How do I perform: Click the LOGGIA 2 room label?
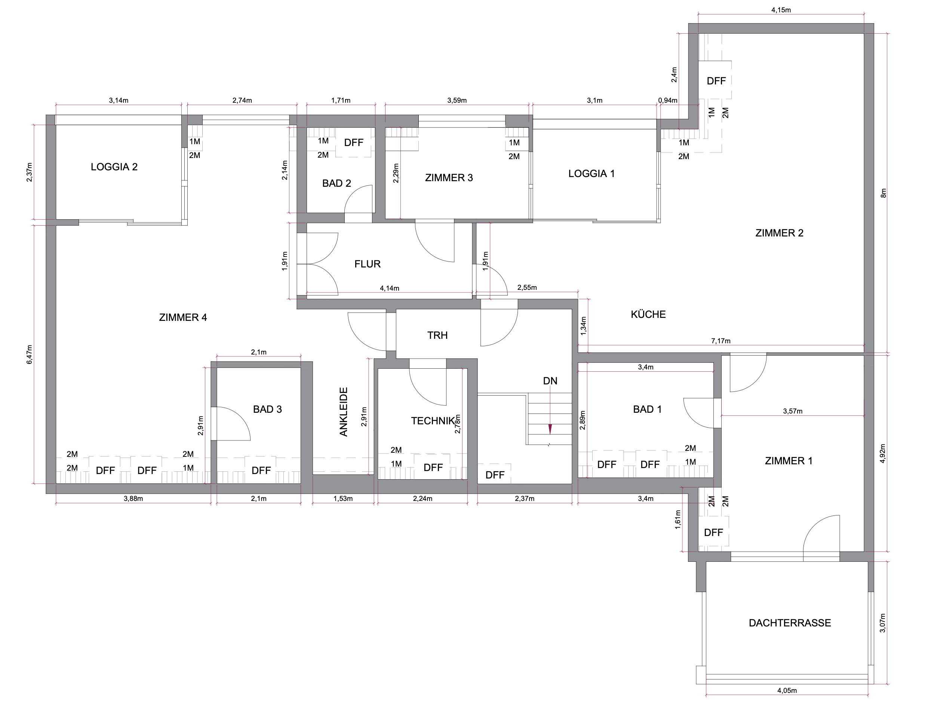click(x=114, y=167)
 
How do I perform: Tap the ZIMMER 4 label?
click(x=183, y=318)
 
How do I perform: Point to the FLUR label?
click(x=368, y=264)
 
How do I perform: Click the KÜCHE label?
click(x=648, y=314)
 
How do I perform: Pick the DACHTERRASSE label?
click(x=790, y=623)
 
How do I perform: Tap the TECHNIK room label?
click(x=433, y=421)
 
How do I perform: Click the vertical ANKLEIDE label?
click(x=344, y=412)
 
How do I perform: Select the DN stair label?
click(x=550, y=381)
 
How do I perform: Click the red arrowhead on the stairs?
click(x=550, y=429)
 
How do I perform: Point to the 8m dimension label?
click(x=884, y=193)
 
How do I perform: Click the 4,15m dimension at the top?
click(x=781, y=10)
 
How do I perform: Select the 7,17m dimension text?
click(x=720, y=341)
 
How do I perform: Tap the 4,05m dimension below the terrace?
click(x=787, y=690)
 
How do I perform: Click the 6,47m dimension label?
click(x=30, y=354)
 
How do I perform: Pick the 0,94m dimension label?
click(x=667, y=100)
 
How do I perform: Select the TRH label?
click(x=437, y=335)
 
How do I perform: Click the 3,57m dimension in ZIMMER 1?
click(x=793, y=411)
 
